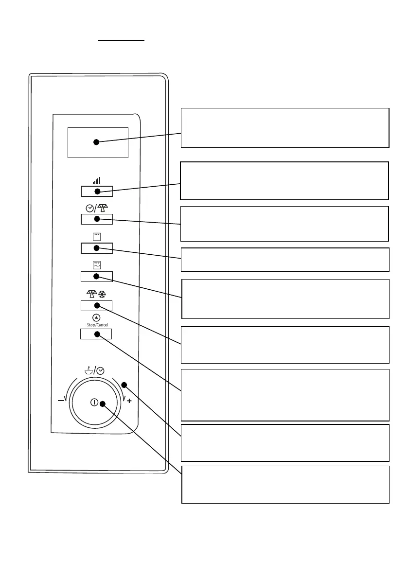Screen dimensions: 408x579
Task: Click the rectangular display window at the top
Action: [x=97, y=142]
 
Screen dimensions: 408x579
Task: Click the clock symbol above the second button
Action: [x=89, y=208]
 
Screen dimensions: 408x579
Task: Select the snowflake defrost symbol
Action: [x=103, y=294]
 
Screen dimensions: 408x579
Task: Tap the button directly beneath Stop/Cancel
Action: [x=96, y=334]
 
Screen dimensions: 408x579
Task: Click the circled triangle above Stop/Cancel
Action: [x=96, y=317]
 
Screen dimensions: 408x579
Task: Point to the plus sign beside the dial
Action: [x=129, y=401]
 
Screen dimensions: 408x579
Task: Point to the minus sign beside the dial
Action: [x=61, y=401]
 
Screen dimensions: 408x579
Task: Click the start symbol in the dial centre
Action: [x=94, y=403]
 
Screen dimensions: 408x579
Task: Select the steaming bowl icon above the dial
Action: [x=88, y=370]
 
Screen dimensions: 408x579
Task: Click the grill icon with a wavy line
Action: [x=96, y=264]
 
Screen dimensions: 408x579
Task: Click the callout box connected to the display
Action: [x=284, y=127]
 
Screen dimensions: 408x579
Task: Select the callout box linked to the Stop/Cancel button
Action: [x=284, y=394]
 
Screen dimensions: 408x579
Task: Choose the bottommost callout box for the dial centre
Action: [x=285, y=484]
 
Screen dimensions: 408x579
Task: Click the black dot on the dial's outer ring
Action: [x=124, y=385]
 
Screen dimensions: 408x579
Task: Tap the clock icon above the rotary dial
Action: [x=100, y=370]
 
